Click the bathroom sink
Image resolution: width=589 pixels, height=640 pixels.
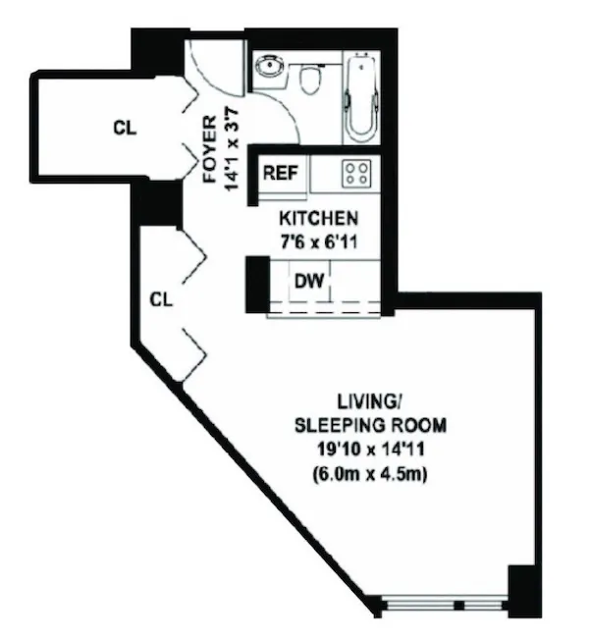coord(268,68)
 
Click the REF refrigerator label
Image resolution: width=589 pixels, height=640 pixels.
coord(278,175)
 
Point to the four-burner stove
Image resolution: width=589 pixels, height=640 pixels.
coord(356,175)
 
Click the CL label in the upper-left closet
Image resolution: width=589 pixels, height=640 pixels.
coord(124,128)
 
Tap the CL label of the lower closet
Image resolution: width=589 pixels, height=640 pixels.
coord(161,299)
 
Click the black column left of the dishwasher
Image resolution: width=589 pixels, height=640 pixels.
coord(256,285)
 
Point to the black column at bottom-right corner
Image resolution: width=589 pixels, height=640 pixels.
coord(523,592)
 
